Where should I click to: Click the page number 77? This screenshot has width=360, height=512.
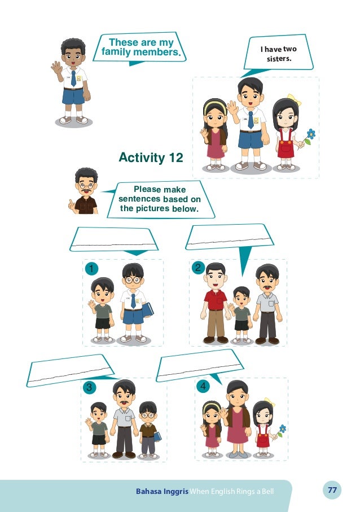(x=332, y=490)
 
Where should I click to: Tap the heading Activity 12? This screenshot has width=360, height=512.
(x=151, y=157)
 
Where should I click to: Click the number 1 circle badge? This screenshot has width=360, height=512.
(x=91, y=269)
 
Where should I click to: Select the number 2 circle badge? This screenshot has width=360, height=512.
(x=198, y=268)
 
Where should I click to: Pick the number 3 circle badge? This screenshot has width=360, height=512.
(x=89, y=388)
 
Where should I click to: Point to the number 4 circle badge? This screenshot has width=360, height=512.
(x=203, y=386)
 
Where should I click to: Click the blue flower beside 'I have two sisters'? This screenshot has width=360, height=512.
(x=311, y=134)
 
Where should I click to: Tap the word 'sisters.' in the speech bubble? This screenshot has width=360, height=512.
(x=279, y=59)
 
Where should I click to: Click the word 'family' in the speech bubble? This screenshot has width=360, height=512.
(x=116, y=52)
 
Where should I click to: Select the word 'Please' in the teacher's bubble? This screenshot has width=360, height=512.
(x=147, y=189)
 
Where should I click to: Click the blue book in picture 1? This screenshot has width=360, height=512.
(x=147, y=309)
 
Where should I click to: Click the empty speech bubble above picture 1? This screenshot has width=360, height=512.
(x=113, y=240)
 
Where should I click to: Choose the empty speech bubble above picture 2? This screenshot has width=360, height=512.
(x=230, y=237)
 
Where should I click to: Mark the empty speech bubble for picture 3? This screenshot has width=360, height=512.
(x=70, y=371)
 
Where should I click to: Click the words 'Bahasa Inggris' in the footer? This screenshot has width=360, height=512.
(x=162, y=491)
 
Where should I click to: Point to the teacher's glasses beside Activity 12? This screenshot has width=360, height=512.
(x=86, y=186)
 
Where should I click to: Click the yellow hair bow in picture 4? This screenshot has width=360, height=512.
(x=270, y=401)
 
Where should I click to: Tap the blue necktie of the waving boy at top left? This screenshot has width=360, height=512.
(x=73, y=78)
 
